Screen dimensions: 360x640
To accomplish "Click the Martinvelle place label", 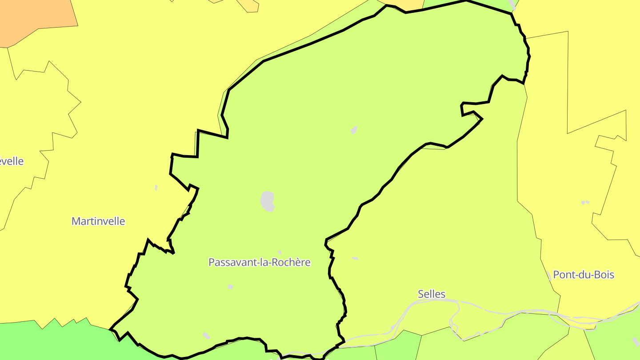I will click(x=98, y=221).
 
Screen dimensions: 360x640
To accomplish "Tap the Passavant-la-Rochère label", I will click(x=259, y=262).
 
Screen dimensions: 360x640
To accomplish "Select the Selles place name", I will click(x=431, y=294).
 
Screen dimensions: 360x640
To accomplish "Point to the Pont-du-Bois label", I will click(x=583, y=275).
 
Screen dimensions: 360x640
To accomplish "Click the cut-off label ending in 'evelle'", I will click(x=12, y=161).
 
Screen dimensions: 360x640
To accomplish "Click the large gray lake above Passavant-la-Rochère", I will click(x=267, y=201).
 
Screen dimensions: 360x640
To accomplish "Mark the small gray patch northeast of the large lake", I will click(x=354, y=130).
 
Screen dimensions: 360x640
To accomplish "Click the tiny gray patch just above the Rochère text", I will click(x=280, y=252).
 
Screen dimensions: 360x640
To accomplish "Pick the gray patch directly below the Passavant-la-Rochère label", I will click(x=230, y=287).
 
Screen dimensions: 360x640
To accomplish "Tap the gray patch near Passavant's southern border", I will click(x=206, y=336).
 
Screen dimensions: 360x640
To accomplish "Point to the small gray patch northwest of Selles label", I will click(x=355, y=258).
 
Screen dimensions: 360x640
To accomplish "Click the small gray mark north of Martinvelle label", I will click(x=156, y=188).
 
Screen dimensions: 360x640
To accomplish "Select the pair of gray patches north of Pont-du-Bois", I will click(x=585, y=202).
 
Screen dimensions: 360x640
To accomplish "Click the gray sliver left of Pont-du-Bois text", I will click(x=550, y=276).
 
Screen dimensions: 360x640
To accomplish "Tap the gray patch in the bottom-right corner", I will click(x=636, y=341).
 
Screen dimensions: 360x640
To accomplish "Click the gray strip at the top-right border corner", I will click(x=512, y=5).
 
